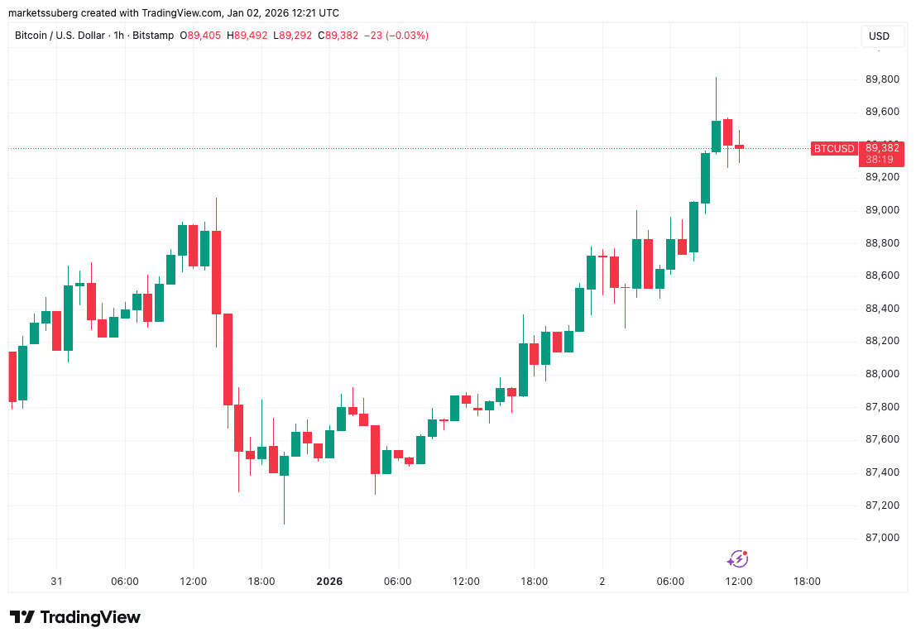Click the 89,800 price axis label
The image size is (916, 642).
click(882, 79)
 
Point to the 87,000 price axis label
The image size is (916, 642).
click(882, 538)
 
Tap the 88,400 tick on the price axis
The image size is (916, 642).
click(882, 309)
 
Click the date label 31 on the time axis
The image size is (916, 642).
click(56, 582)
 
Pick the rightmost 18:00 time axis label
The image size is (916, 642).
click(807, 582)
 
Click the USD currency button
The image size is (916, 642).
click(878, 36)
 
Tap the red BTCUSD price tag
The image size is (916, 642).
click(833, 149)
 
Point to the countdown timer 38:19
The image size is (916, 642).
click(883, 159)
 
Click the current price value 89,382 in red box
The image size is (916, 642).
click(883, 148)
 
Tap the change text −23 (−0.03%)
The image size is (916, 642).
click(400, 36)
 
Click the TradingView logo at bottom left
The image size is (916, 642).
click(75, 617)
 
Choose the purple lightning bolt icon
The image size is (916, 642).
click(737, 559)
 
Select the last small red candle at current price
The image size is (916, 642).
click(739, 147)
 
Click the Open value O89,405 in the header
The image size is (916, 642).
click(204, 36)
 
